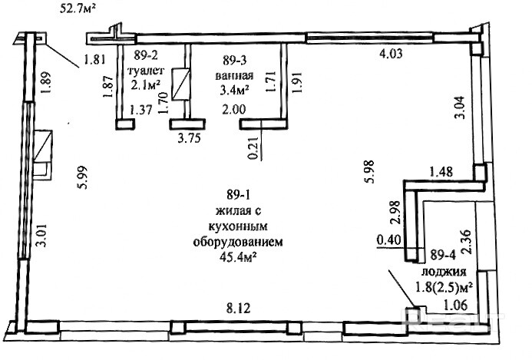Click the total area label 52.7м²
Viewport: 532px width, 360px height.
(77, 8)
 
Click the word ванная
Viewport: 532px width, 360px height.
(234, 74)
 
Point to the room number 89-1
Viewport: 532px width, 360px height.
(238, 195)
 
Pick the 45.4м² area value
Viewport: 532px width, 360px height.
(237, 258)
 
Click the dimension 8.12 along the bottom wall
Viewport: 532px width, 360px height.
(238, 308)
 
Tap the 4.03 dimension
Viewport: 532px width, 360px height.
(391, 53)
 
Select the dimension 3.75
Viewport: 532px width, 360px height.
(189, 137)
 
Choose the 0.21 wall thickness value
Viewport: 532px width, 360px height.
(254, 147)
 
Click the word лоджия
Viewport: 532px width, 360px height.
(444, 272)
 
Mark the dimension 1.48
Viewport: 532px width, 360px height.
(441, 172)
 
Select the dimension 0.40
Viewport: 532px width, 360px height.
(388, 240)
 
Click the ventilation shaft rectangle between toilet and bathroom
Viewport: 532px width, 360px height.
(180, 85)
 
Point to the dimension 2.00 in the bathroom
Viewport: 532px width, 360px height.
(233, 109)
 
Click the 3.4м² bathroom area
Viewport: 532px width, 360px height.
(235, 91)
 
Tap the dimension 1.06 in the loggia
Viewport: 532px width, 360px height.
(456, 305)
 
